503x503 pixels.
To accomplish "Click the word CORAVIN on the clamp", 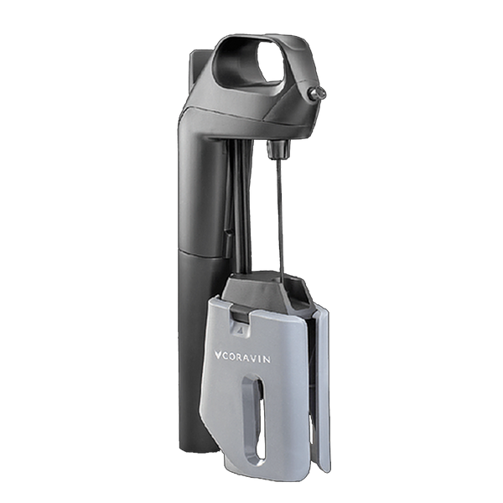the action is [x=246, y=358].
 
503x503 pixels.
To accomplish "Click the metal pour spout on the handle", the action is [x=316, y=94].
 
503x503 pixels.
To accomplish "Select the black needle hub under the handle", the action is [x=277, y=149].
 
